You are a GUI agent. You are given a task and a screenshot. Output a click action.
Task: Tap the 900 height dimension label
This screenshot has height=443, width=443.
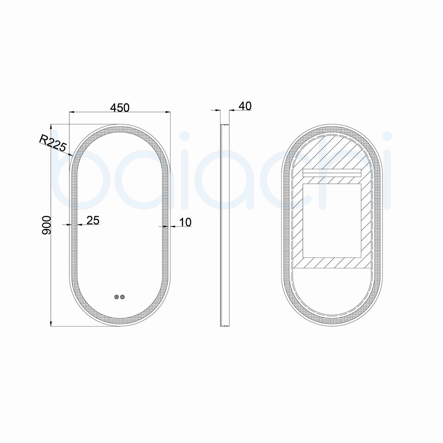pos(46,225)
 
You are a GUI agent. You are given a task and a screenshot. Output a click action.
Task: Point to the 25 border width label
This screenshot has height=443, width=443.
pos(93,220)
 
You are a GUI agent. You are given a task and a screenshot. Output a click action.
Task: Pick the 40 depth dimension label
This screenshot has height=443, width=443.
pos(245,106)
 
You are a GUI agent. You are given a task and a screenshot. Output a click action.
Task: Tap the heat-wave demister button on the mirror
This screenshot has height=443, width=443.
pos(116,297)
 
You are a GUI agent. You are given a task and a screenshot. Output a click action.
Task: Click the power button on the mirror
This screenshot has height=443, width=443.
pos(123,297)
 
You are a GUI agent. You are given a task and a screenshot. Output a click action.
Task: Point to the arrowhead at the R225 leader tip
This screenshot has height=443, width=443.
pos(71,155)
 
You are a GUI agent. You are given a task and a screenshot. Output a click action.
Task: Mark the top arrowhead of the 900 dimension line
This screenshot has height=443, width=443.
pos(51,126)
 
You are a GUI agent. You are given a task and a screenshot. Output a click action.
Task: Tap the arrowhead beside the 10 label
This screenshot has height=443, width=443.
pos(172,227)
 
